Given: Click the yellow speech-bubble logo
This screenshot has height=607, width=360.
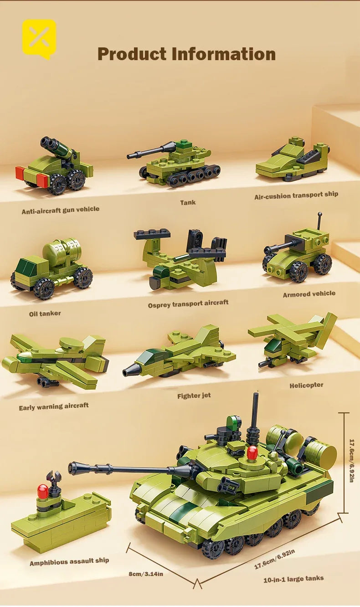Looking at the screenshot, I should tap(39, 38).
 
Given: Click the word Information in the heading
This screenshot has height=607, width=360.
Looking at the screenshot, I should tap(223, 54).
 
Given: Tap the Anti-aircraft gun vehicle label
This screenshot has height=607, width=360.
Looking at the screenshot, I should tap(60, 210).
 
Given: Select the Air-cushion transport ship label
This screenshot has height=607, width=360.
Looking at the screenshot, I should tap(296, 195).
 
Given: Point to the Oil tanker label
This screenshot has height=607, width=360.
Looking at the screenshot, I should tap(45, 314).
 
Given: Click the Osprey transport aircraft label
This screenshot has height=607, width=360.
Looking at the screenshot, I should tap(188, 303).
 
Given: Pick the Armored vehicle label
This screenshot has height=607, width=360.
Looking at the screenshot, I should tap(309, 294).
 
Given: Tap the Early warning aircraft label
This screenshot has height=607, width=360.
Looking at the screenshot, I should tap(54, 406).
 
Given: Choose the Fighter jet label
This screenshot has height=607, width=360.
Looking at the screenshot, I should tap(194, 396).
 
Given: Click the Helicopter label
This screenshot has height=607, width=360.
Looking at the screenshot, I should tap(306, 385).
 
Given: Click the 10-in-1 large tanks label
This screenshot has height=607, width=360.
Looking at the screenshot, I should tap(293, 579).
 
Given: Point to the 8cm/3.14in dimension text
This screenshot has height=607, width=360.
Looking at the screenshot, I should tap(146, 574).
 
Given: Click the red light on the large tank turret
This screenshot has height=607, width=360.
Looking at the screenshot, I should tap(252, 452).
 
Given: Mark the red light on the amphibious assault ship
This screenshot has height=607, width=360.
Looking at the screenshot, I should tap(43, 491).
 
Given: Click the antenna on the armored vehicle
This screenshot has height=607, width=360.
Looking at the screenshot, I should tap(320, 221).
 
